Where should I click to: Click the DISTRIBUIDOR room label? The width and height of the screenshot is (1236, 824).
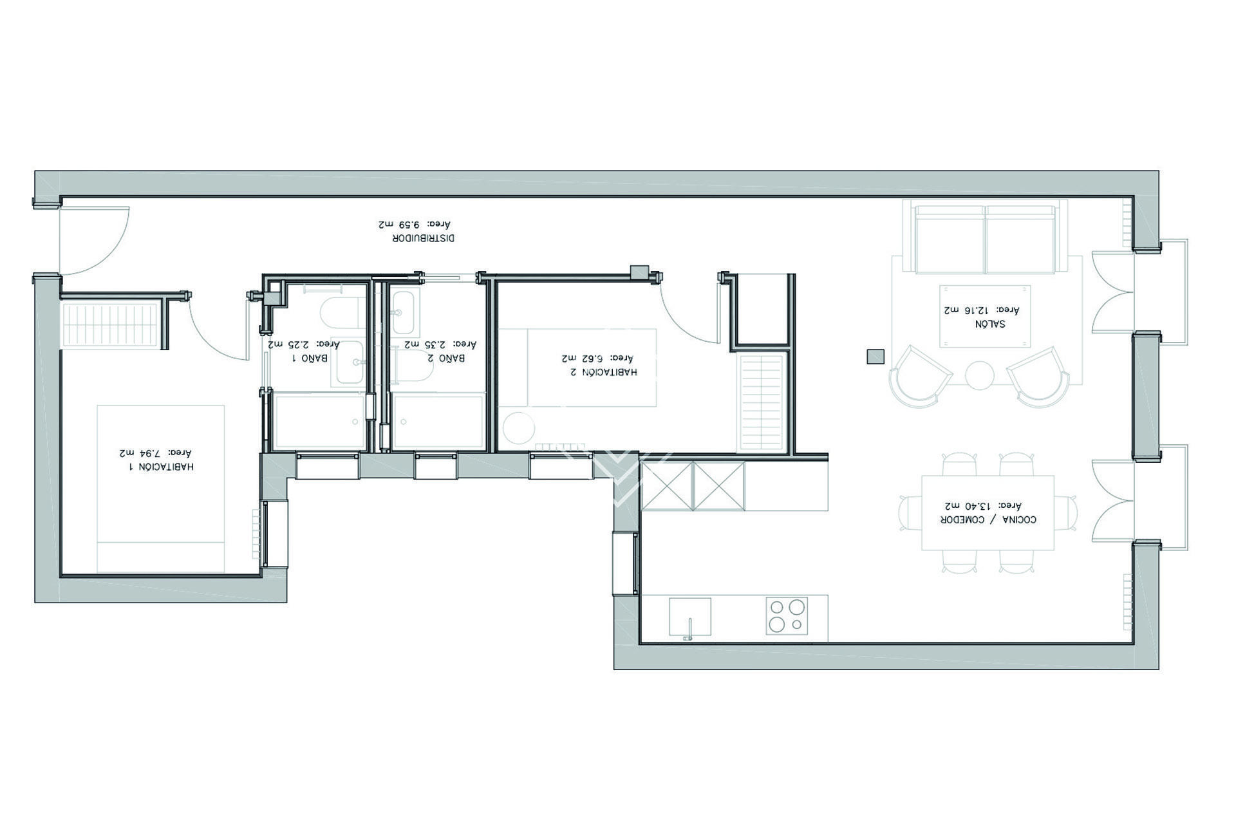424,238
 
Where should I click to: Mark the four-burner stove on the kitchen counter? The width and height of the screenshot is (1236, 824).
787,616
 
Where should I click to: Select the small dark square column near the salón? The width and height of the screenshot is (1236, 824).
876,357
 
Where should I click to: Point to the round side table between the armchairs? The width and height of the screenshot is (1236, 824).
980,375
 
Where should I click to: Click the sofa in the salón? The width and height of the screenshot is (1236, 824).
985,239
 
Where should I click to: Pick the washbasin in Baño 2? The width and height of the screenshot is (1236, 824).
406,313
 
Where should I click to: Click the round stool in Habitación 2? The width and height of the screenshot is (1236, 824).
518,428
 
